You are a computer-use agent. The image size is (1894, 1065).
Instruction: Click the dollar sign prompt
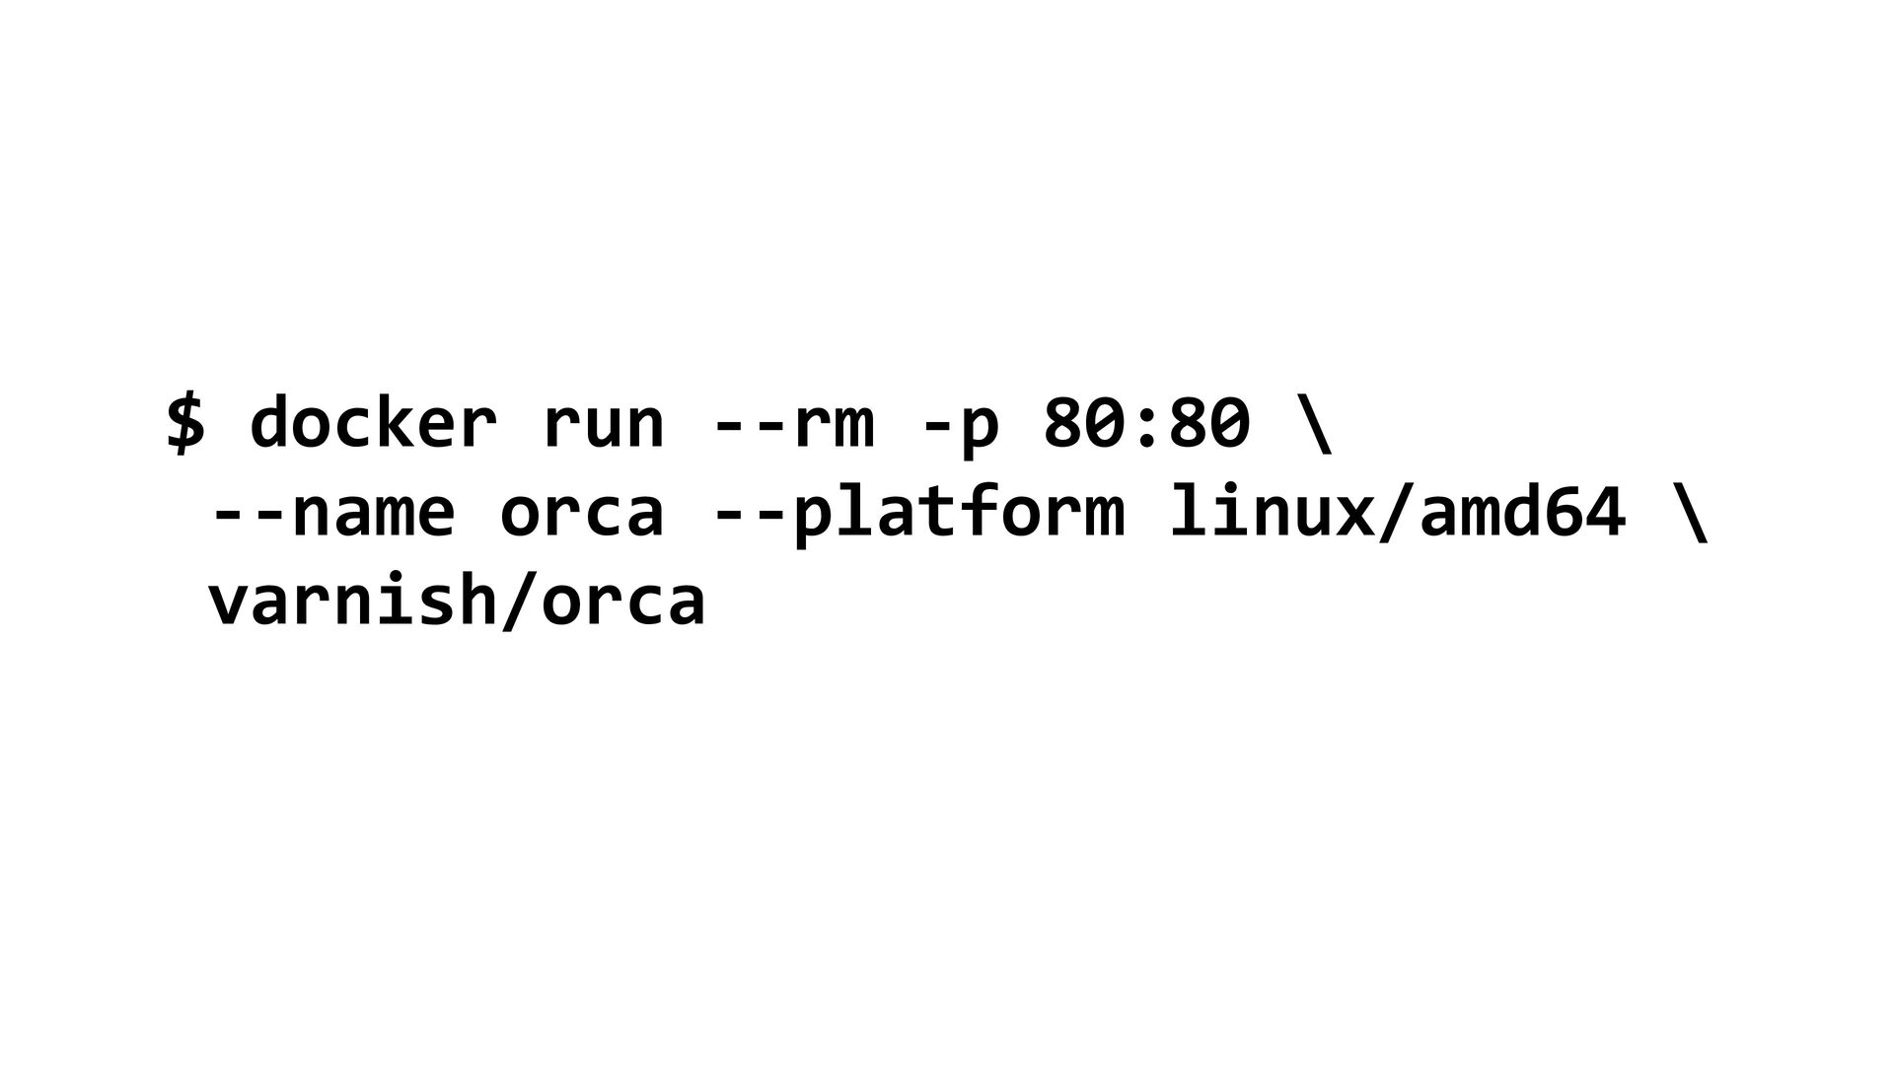(185, 422)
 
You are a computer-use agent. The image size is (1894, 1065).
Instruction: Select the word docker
(373, 421)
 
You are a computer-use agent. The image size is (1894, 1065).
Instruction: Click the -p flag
(960, 433)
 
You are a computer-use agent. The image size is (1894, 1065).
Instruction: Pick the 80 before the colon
(1083, 422)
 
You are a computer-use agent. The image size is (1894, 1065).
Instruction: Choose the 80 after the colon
(1209, 422)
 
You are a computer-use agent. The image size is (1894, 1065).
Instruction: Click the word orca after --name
(582, 516)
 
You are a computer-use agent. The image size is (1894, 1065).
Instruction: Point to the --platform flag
(917, 513)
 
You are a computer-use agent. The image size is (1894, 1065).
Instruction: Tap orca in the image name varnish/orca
(623, 603)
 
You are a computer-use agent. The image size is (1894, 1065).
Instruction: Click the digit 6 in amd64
(1562, 510)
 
